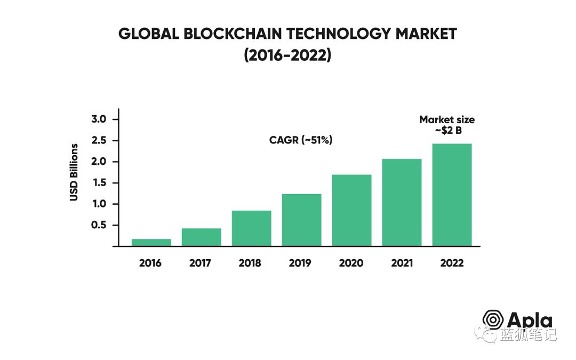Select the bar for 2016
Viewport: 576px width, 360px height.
[151, 243]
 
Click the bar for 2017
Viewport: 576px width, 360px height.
[201, 237]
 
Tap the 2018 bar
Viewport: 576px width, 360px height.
[252, 228]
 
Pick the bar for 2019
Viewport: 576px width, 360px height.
[301, 220]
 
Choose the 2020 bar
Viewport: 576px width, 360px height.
[352, 211]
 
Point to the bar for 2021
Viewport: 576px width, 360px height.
[402, 203]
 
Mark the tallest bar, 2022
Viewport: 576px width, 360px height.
[452, 195]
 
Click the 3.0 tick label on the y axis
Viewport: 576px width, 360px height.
[99, 119]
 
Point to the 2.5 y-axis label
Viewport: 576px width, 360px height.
[99, 140]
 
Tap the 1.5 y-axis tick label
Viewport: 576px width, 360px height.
[99, 182]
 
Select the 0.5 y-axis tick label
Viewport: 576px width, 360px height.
[99, 225]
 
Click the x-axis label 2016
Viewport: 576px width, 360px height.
[150, 263]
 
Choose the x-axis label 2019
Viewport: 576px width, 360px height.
[300, 263]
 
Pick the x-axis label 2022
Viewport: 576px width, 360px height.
[452, 263]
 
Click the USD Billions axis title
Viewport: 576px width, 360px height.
[74, 172]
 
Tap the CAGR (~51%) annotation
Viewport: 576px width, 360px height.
[301, 140]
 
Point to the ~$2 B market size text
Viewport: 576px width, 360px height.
[448, 131]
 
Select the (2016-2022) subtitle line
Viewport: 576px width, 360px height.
[287, 55]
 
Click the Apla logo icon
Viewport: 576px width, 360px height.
[493, 319]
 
